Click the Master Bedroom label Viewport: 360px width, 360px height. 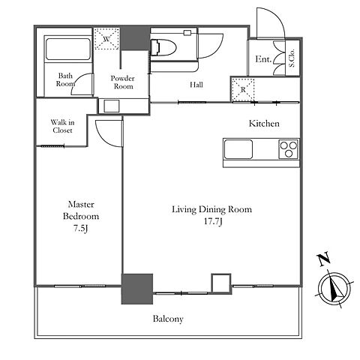tap(81, 210)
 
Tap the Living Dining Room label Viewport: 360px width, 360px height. tap(211, 209)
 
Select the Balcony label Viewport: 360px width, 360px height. tap(168, 319)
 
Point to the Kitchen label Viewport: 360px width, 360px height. tap(264, 123)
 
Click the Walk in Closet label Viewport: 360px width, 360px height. tap(62, 126)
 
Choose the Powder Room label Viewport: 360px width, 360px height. tap(123, 82)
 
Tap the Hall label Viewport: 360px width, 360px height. tap(196, 85)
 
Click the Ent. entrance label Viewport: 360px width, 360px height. tap(263, 59)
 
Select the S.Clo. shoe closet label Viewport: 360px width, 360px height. tap(292, 58)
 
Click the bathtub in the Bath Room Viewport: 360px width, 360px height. tap(68, 49)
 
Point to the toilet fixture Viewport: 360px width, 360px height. tap(163, 47)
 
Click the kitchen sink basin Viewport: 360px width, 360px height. tap(238, 149)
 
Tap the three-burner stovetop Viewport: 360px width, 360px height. tap(289, 149)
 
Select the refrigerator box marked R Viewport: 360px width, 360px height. tap(243, 90)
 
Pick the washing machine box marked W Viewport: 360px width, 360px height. tap(107, 39)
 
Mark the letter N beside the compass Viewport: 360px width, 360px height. tap(324, 259)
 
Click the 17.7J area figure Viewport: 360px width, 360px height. tap(213, 221)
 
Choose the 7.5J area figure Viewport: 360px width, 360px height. tap(80, 229)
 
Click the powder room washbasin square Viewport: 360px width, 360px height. tap(112, 106)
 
